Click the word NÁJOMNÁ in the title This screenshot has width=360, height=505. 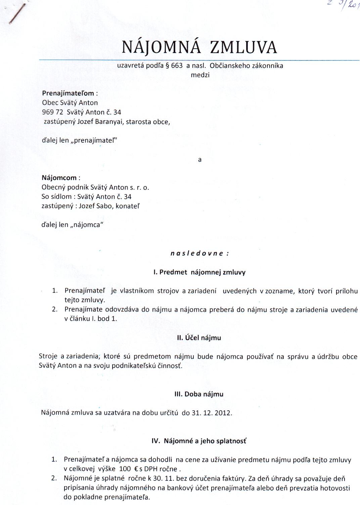(161, 47)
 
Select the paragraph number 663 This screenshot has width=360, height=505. (177, 66)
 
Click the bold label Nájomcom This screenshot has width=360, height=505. (59, 178)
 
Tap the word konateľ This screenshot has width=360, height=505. (128, 206)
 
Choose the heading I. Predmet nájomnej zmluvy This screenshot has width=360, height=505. (199, 272)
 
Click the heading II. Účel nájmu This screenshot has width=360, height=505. (199, 338)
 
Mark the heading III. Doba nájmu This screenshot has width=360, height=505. (199, 394)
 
